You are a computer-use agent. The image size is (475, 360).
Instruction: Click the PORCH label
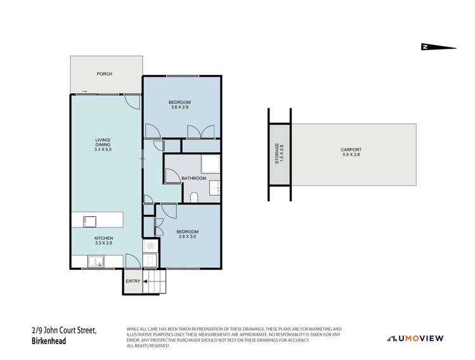[x=104, y=74]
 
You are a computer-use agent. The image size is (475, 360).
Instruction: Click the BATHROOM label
[x=193, y=178]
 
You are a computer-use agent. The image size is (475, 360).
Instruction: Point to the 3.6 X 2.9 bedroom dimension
[x=181, y=108]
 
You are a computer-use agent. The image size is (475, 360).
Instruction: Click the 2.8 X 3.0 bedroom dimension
[x=187, y=236]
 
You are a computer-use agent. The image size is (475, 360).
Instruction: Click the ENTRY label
[x=133, y=281]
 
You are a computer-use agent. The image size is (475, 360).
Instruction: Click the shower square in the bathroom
[x=211, y=165]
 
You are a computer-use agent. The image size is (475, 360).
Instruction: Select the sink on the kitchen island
[x=89, y=221]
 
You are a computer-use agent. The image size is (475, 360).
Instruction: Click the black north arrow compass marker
[x=437, y=46]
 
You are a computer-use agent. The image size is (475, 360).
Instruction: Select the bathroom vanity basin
[x=214, y=187]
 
